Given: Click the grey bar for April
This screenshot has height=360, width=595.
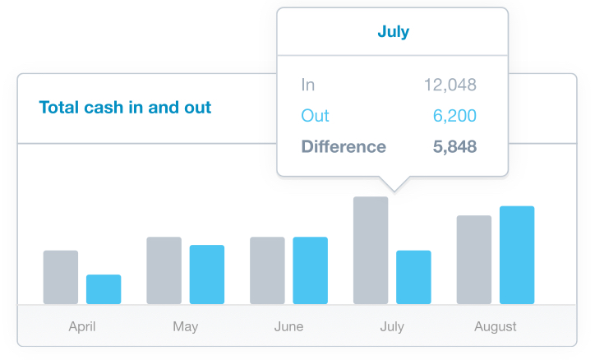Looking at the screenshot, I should (61, 277).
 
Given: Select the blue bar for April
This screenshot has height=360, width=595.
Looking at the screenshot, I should (104, 289).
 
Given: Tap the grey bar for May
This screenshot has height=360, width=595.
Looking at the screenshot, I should (164, 270).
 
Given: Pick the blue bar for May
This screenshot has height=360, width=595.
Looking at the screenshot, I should (207, 275).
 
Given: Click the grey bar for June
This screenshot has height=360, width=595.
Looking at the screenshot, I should (267, 270).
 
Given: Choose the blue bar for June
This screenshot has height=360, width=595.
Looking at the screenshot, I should (311, 270).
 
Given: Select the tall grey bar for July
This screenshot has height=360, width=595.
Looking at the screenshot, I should (371, 251).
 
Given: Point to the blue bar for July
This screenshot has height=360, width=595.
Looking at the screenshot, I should (413, 277).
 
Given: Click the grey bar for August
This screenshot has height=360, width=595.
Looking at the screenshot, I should (474, 260).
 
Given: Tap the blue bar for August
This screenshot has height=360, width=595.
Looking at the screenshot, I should (517, 255).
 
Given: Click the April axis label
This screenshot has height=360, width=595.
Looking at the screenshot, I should (82, 327).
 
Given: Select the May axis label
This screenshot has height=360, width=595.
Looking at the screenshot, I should (186, 327).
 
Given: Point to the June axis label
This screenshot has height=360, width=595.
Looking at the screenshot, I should (288, 327).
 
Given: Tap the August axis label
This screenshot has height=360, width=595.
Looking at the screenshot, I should (496, 327).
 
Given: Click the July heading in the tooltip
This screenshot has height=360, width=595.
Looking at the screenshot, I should (393, 32).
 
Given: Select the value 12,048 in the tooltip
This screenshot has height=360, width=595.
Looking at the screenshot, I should (450, 85).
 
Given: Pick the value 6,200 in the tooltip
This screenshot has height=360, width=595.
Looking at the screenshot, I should (454, 116).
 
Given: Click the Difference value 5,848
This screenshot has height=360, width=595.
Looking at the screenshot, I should (454, 147).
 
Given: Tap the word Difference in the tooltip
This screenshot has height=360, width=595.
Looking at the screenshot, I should (344, 147).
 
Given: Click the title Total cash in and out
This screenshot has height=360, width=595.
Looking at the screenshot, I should (125, 108).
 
